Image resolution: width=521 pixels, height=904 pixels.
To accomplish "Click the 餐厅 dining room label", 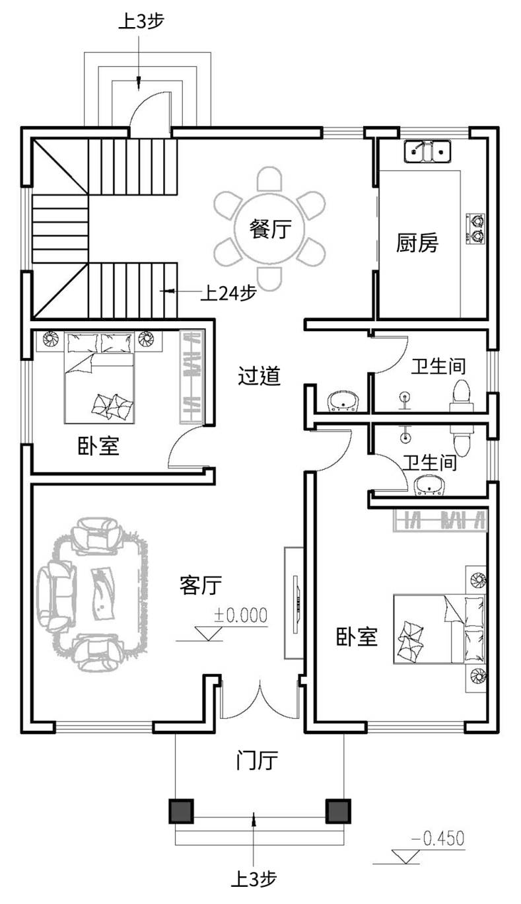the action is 270,229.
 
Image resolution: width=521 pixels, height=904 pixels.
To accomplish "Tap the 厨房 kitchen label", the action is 417,243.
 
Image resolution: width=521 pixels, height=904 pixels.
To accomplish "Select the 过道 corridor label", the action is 259,376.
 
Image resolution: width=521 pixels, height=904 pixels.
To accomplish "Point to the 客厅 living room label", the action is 201,585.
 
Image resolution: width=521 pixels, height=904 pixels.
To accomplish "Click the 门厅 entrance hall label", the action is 257,761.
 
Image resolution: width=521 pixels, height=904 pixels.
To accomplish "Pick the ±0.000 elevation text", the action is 241,615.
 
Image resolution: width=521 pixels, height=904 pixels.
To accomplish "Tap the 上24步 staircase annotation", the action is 228,293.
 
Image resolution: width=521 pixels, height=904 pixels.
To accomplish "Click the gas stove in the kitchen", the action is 476,229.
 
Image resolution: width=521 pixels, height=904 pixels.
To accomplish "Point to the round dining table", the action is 270,229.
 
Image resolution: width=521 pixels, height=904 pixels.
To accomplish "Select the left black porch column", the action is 181,811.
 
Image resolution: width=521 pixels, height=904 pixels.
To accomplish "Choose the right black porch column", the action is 338,811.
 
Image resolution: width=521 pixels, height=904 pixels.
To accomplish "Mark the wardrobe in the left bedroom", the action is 192,377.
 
